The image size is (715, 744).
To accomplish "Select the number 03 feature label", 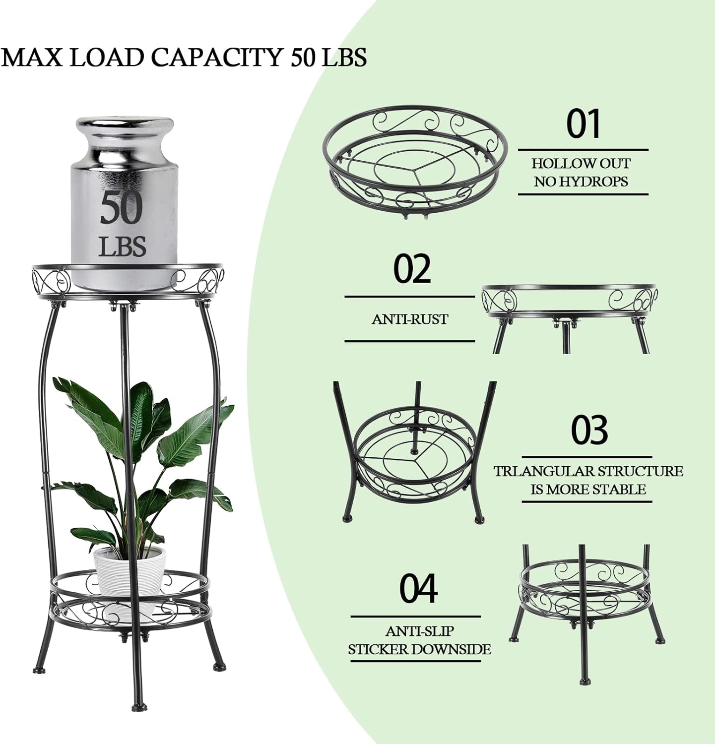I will click(x=589, y=430).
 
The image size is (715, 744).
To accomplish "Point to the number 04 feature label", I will click(x=418, y=588).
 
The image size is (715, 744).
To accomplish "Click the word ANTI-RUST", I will click(x=410, y=319).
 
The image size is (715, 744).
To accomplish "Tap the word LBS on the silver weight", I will click(x=123, y=246).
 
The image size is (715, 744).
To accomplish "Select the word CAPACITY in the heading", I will click(x=217, y=57).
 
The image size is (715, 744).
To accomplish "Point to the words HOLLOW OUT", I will click(x=582, y=163).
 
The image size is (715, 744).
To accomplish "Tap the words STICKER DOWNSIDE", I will click(x=419, y=649).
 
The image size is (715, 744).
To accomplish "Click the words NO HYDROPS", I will click(x=581, y=182).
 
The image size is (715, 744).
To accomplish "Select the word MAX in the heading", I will click(x=33, y=57).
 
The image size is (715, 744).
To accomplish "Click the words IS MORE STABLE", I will click(x=588, y=490).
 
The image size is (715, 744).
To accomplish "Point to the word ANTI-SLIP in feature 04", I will click(x=419, y=631).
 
